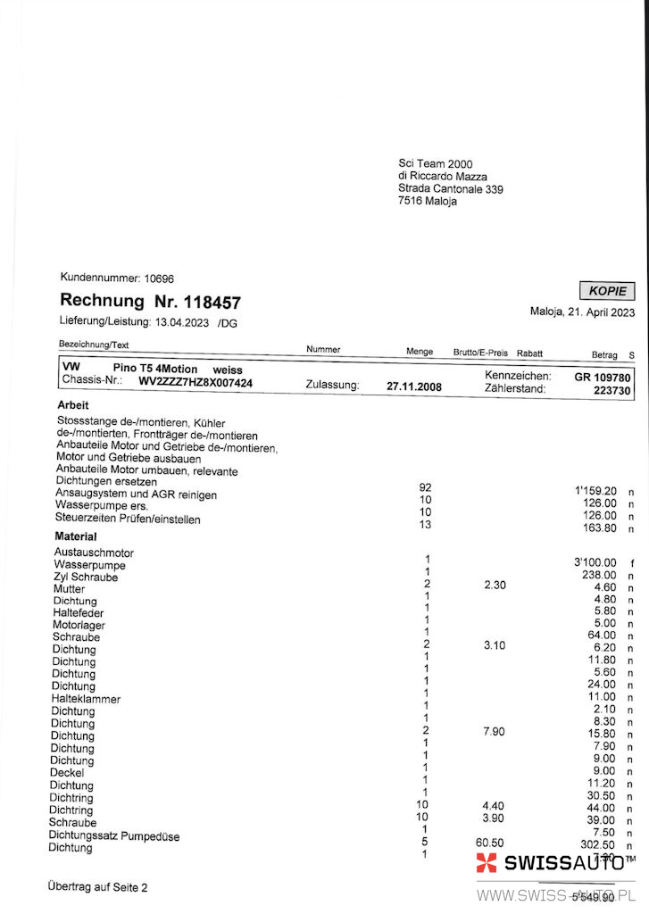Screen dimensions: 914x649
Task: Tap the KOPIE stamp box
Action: point(608,291)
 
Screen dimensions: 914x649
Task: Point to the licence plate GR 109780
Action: point(602,377)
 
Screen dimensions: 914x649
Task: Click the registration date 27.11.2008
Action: point(413,386)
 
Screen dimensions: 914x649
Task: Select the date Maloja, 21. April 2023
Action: point(582,312)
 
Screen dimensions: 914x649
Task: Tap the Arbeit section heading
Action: point(72,404)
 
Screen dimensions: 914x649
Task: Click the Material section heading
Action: point(76,536)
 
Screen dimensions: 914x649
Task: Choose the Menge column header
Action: point(420,352)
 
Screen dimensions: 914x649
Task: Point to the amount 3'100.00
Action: point(595,562)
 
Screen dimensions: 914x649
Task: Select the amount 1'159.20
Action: point(595,490)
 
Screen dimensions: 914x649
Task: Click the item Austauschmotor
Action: point(94,553)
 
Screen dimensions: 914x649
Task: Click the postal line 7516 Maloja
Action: point(427,202)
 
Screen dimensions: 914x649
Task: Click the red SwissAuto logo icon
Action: point(487,862)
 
